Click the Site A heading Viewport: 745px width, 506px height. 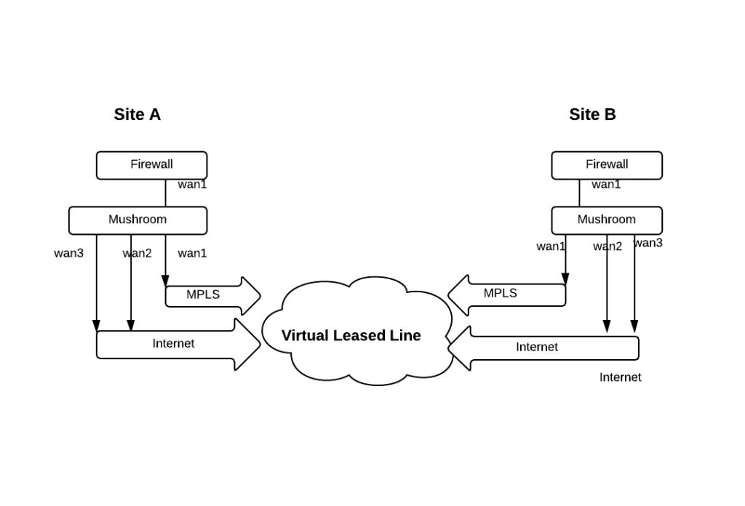coord(138,114)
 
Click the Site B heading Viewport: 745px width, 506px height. coord(592,114)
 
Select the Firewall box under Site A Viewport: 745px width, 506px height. coord(151,165)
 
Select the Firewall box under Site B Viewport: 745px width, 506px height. coord(607,165)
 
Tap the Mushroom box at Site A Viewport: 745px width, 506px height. coord(138,220)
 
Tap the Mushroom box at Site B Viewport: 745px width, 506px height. coord(607,220)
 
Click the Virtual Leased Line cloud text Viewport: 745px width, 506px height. coord(351,335)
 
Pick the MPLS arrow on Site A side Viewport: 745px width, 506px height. coord(212,296)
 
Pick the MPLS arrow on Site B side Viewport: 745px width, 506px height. coord(506,294)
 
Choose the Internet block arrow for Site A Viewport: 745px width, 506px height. coord(178,344)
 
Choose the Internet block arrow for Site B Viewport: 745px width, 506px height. coord(543,348)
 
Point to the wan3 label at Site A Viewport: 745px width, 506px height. coord(69,253)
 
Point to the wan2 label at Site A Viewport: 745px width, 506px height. coord(138,253)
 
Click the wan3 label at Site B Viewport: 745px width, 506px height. coord(648,243)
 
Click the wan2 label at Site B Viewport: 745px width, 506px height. coord(607,246)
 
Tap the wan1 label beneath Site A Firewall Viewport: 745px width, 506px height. coord(192,184)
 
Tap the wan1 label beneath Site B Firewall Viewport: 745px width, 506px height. coord(606,184)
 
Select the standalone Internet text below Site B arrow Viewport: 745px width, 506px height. coord(620,377)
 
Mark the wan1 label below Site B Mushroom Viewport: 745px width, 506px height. coord(551,246)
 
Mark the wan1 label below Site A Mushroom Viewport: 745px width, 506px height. coord(192,253)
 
